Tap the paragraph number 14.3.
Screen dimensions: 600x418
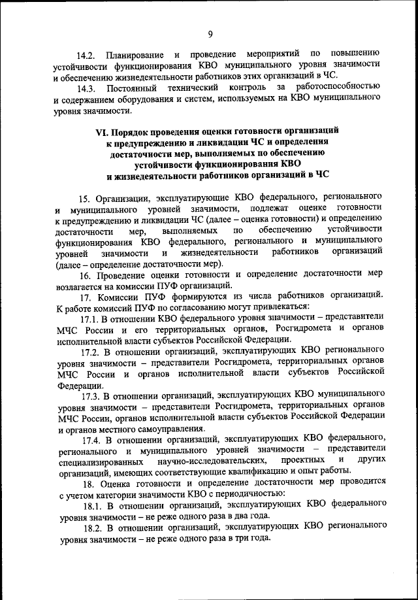(x=86, y=87)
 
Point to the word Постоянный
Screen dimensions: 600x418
(x=137, y=87)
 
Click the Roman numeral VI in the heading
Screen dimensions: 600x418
(x=104, y=135)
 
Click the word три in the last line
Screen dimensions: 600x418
(x=244, y=541)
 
